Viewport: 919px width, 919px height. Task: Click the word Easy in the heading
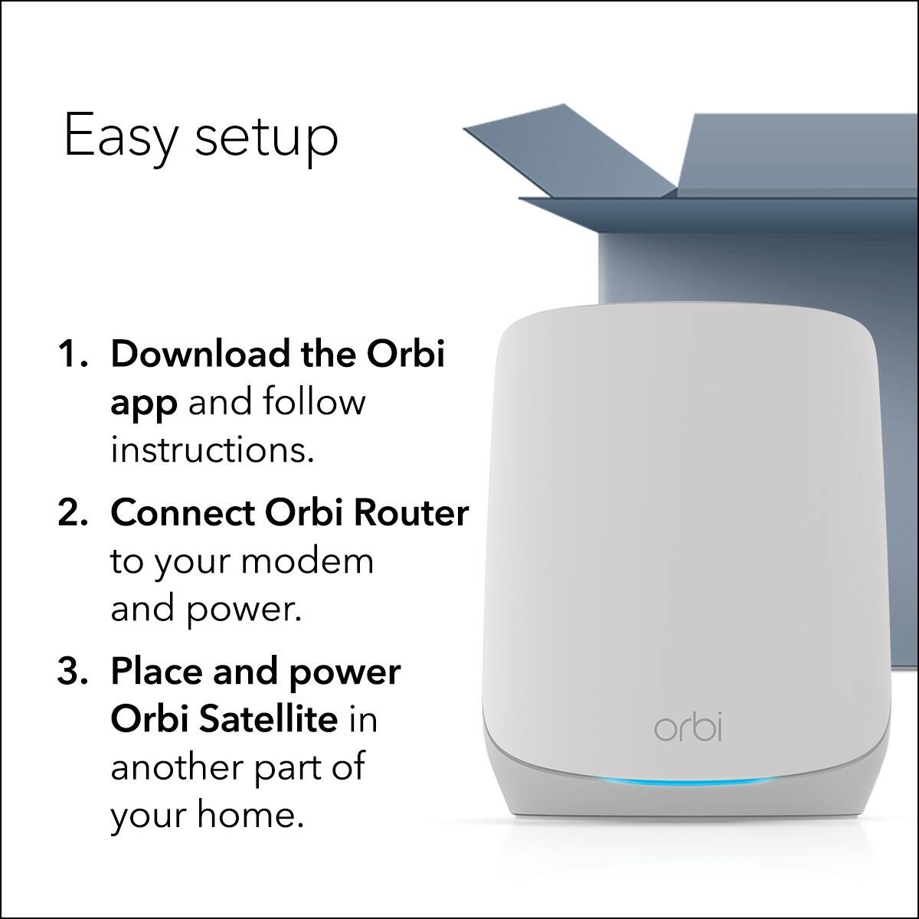click(119, 136)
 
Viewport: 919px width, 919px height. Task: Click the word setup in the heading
click(267, 138)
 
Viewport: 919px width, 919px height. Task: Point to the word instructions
click(212, 450)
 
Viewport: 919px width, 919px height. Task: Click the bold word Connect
click(182, 513)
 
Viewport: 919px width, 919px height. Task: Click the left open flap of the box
click(570, 149)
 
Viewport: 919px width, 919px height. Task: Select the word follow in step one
click(315, 402)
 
